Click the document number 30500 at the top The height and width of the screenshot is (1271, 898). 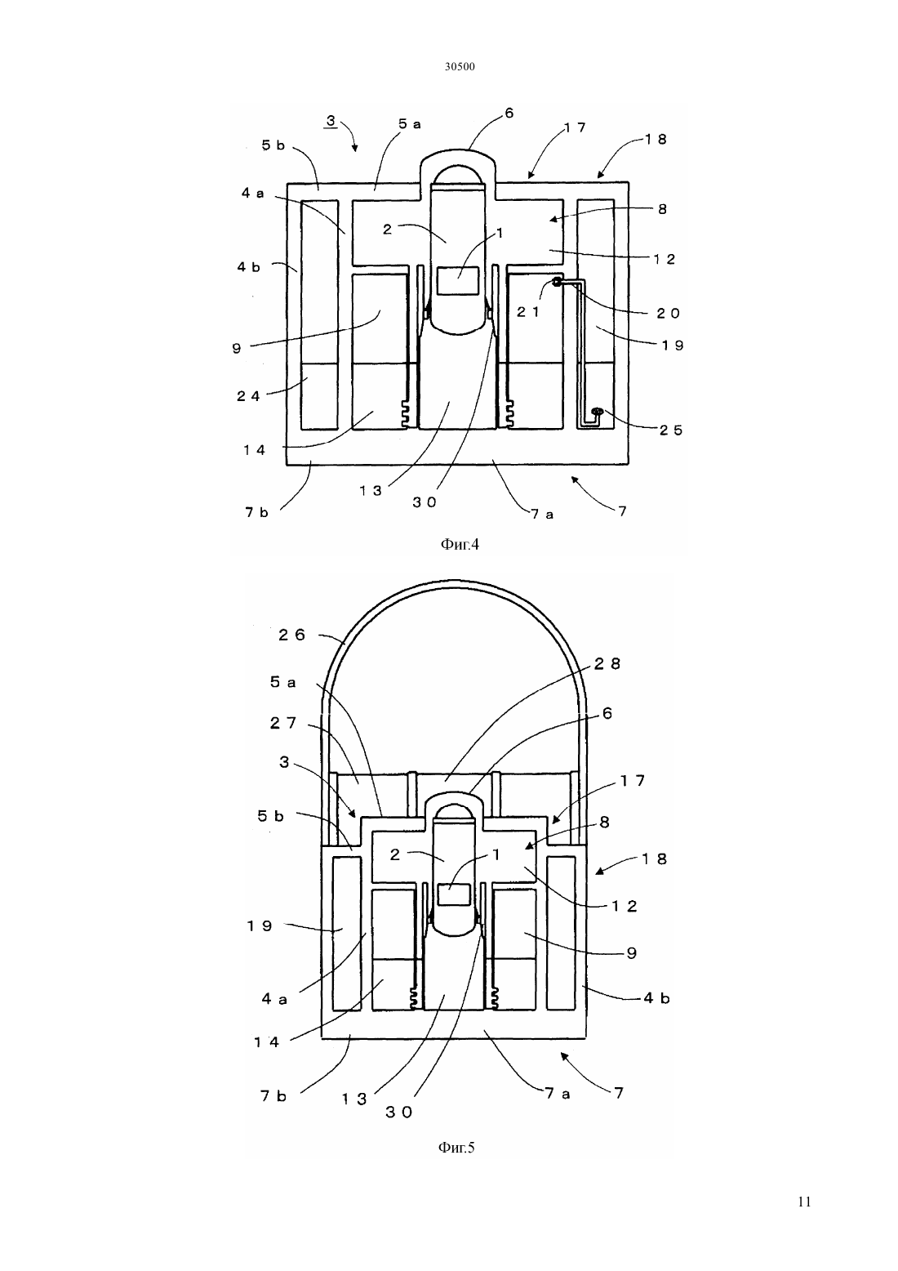pyautogui.click(x=459, y=67)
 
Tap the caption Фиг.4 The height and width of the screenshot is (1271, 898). pyautogui.click(x=459, y=545)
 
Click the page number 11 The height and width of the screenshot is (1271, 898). pyautogui.click(x=804, y=1202)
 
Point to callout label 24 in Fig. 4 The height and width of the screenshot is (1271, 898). pyautogui.click(x=248, y=396)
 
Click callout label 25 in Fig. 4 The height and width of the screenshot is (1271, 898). pyautogui.click(x=671, y=430)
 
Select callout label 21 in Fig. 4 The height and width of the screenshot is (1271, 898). pyautogui.click(x=528, y=311)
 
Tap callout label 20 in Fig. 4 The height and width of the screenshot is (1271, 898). pyautogui.click(x=668, y=313)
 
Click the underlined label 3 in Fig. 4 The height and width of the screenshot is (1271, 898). pyautogui.click(x=331, y=121)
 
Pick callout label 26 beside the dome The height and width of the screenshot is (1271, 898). pyautogui.click(x=292, y=635)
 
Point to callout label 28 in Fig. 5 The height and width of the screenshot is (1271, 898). pyautogui.click(x=607, y=663)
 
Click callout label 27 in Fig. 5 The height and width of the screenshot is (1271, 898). pyautogui.click(x=283, y=723)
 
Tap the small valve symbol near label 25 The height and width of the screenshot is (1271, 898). pyautogui.click(x=597, y=411)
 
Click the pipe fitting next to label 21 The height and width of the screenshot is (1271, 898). pyautogui.click(x=558, y=281)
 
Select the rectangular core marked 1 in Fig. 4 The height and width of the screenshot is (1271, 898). pyautogui.click(x=459, y=282)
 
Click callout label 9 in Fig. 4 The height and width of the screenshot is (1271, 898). pyautogui.click(x=237, y=349)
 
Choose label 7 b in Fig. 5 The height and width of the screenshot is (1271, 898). pyautogui.click(x=273, y=1095)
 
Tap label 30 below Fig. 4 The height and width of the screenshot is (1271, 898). pyautogui.click(x=424, y=502)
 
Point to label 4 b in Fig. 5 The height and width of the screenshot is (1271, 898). pyautogui.click(x=656, y=997)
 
